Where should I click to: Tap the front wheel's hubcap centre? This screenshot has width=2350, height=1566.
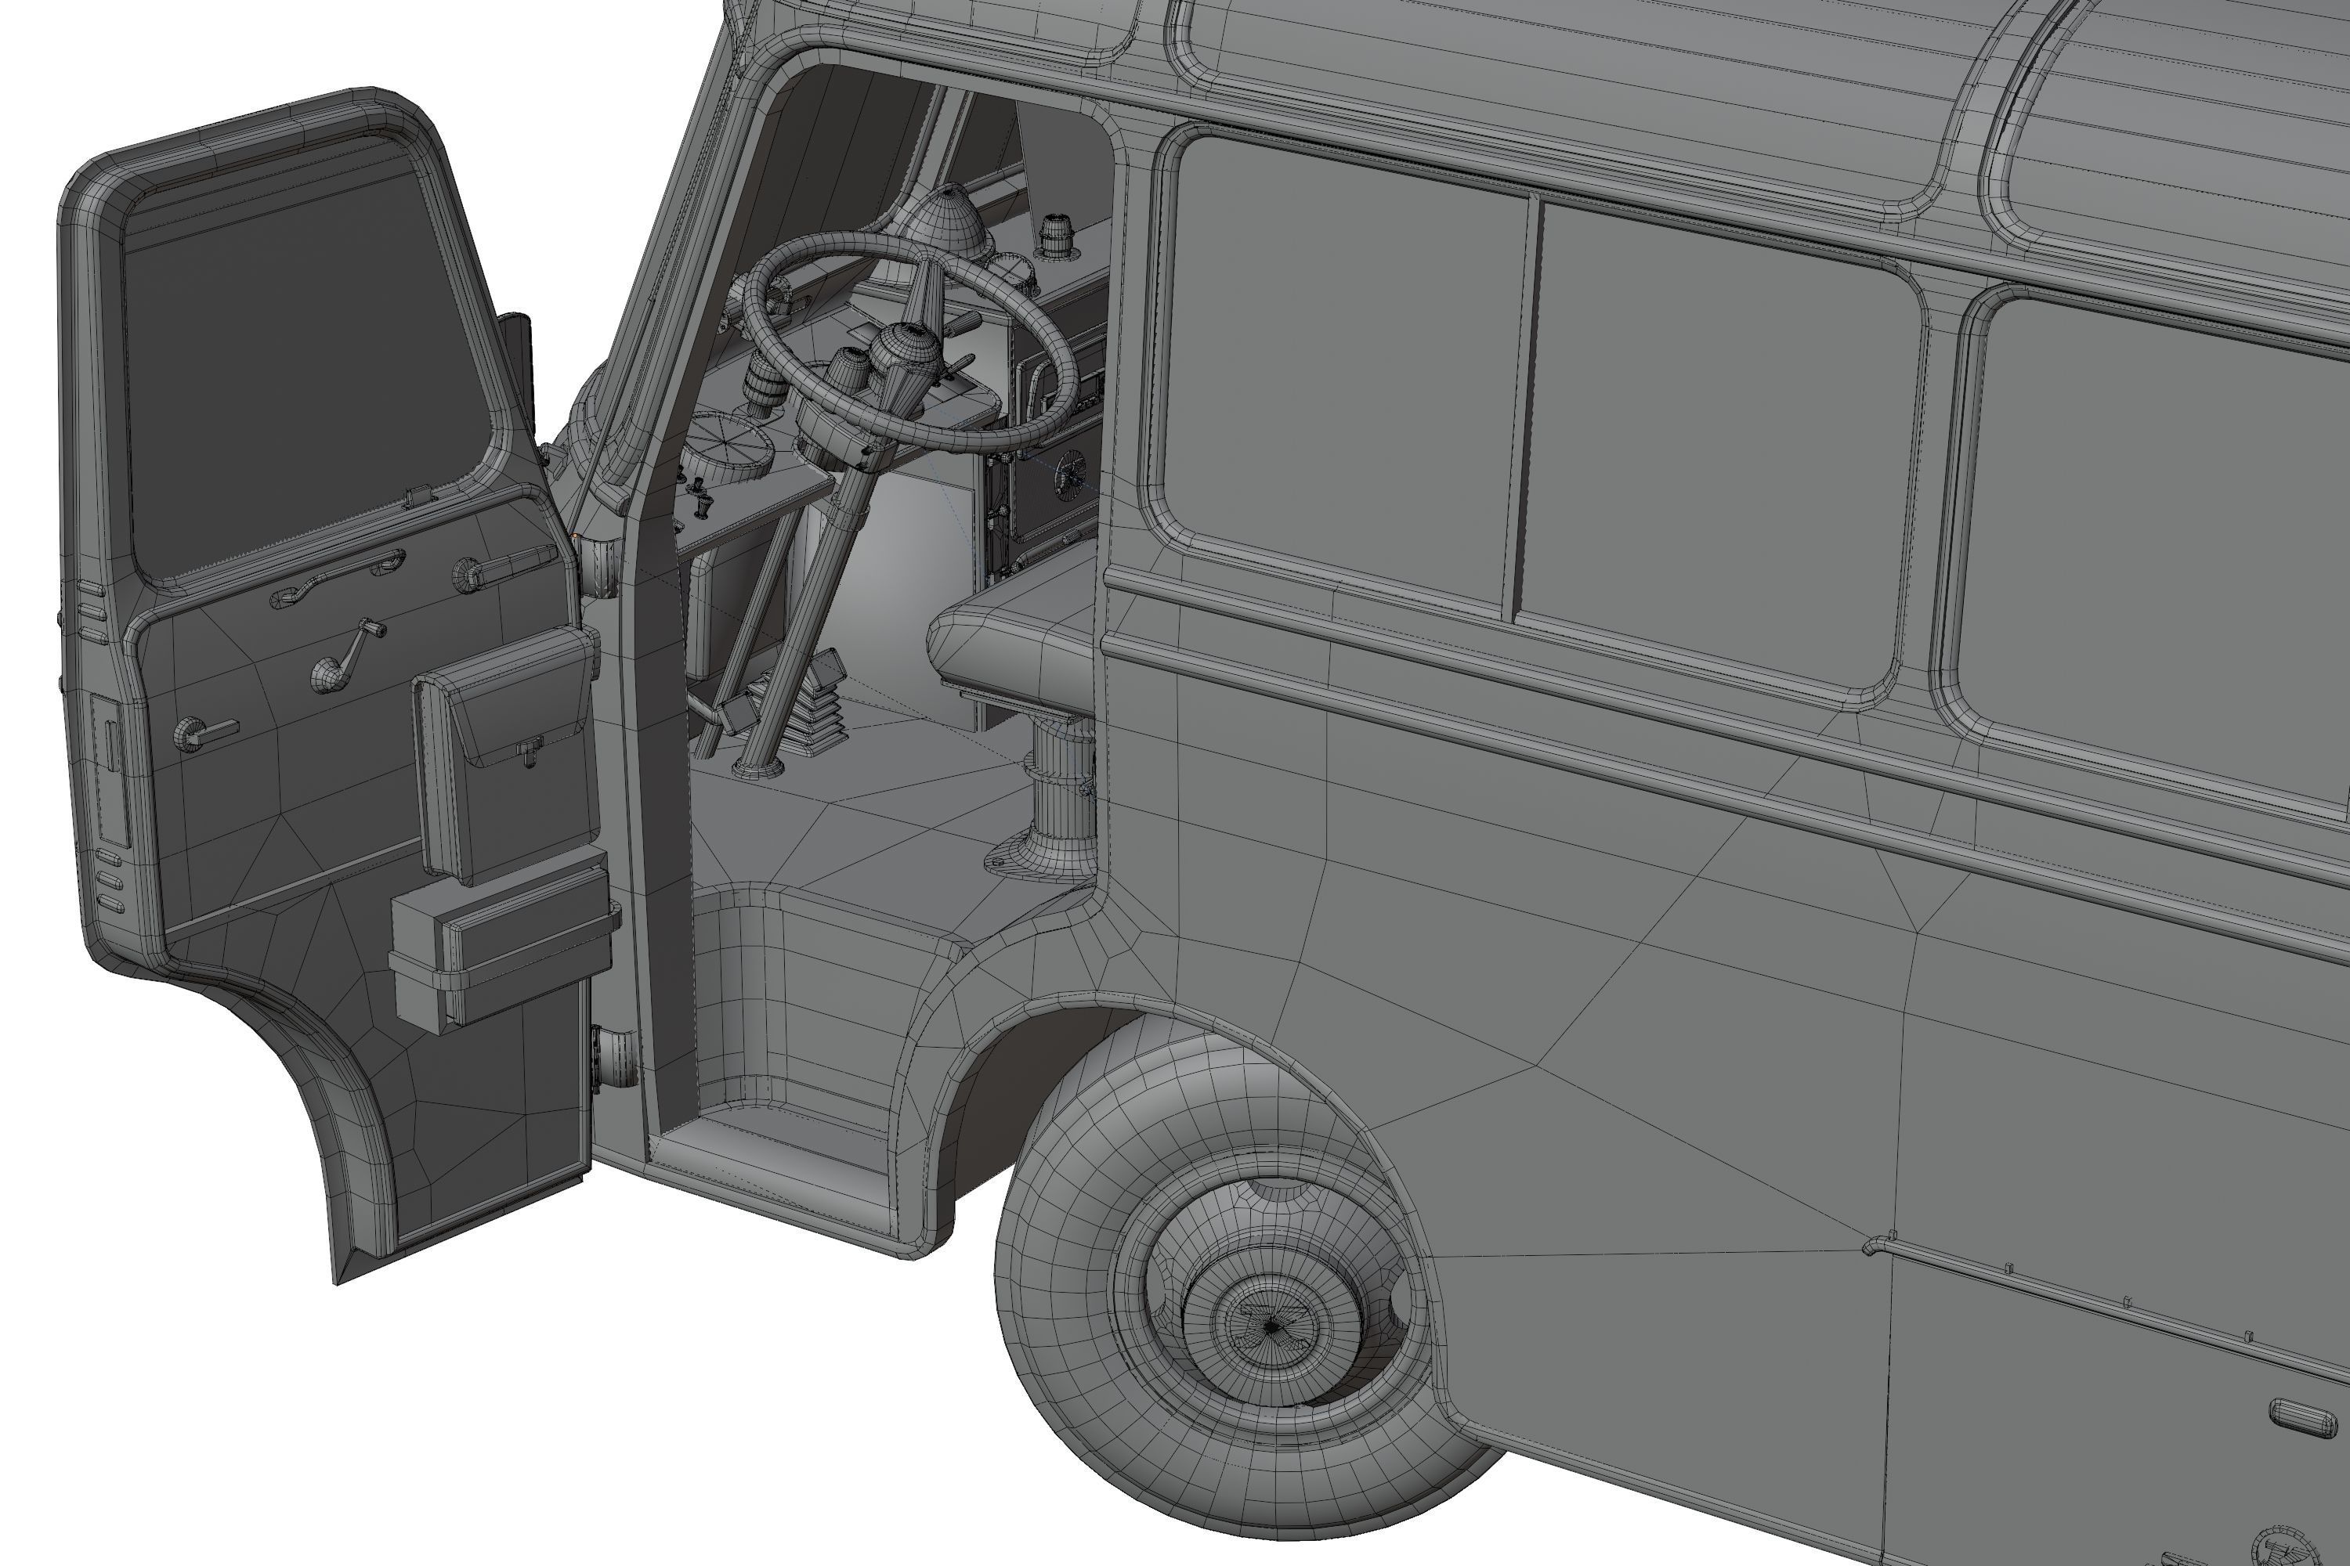click(1270, 1326)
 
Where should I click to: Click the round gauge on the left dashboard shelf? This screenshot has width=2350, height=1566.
click(728, 440)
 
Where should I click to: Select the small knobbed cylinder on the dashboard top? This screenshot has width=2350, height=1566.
click(1055, 236)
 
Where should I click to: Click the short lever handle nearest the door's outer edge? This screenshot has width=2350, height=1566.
click(204, 734)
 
